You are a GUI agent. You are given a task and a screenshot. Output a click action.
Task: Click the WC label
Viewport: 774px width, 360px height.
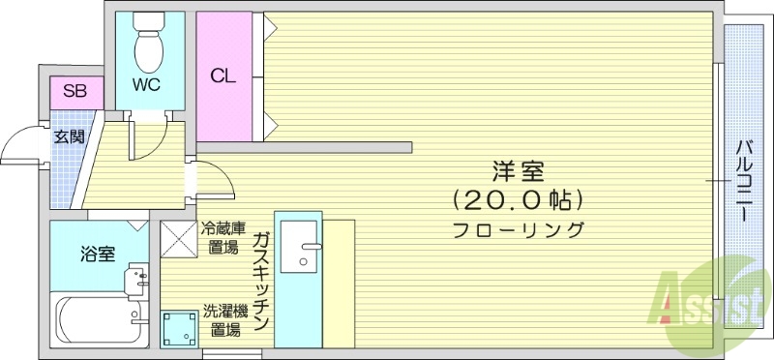pyautogui.click(x=146, y=83)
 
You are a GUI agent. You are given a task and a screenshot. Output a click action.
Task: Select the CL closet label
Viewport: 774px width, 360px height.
pyautogui.click(x=222, y=75)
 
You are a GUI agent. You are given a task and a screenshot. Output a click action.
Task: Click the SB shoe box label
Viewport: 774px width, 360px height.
pyautogui.click(x=74, y=92)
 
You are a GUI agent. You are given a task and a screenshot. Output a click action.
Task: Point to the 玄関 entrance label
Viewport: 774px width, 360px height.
pyautogui.click(x=68, y=136)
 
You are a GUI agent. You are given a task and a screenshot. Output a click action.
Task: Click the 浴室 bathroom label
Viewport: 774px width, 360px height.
pyautogui.click(x=98, y=255)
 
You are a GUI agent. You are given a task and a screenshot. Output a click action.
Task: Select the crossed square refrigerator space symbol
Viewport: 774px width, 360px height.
pyautogui.click(x=178, y=238)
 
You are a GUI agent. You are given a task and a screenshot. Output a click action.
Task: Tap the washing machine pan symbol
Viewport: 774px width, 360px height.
pyautogui.click(x=178, y=327)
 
